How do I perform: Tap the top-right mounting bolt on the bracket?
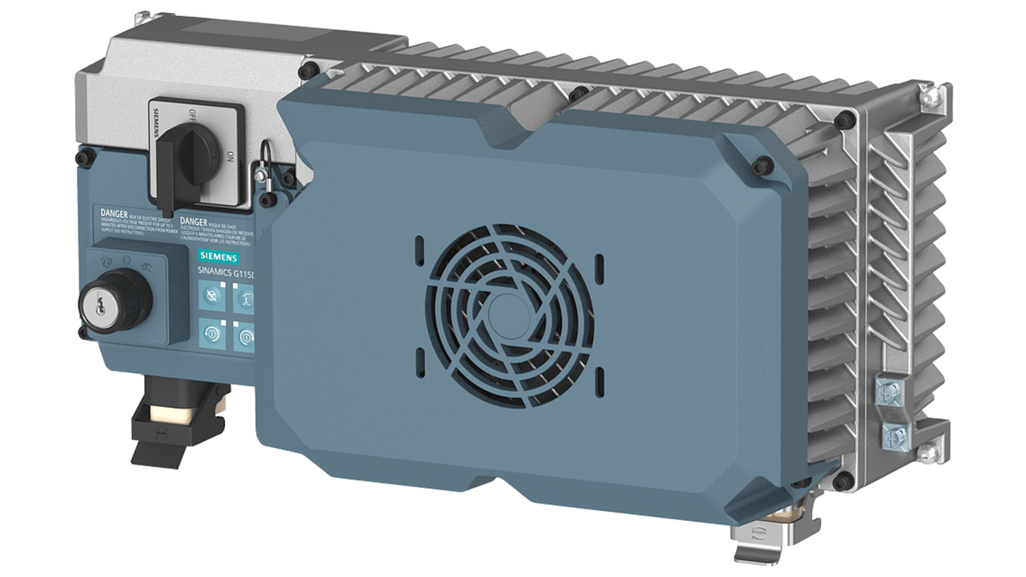point(928,94)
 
